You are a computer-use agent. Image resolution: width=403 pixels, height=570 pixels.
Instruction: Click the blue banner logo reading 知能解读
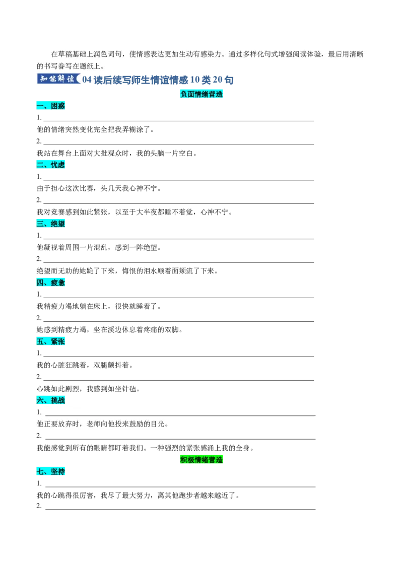tap(58, 79)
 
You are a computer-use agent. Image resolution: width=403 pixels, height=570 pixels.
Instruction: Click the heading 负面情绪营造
tap(201, 94)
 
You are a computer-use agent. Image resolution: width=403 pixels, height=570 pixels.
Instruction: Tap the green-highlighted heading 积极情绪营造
tap(201, 460)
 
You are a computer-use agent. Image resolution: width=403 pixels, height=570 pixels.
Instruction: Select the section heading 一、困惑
tap(50, 106)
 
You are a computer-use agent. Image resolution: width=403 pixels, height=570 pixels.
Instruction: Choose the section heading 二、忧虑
tap(50, 165)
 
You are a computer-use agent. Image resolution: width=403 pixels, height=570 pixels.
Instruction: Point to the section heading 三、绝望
tap(50, 224)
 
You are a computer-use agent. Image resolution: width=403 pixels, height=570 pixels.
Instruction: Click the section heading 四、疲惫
tap(50, 282)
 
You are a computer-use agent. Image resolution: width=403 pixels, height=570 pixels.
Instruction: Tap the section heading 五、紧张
tap(50, 341)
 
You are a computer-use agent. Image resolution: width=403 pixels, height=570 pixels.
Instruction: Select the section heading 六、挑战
tap(50, 400)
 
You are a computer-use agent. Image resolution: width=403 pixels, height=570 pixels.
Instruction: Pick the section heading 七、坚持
tap(50, 471)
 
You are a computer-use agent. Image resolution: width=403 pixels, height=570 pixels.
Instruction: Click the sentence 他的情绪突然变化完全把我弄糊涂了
tap(96, 129)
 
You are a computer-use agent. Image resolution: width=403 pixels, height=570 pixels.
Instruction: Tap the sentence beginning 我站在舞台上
tap(117, 153)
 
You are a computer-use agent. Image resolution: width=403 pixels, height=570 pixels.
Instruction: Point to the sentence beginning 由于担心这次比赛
tap(99, 188)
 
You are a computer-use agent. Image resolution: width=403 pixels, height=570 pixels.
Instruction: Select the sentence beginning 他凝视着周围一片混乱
tap(99, 247)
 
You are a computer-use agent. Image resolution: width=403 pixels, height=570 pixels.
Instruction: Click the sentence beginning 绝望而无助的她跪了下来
tap(127, 271)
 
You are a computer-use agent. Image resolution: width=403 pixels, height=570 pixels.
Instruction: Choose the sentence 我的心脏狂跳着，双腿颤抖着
tap(85, 365)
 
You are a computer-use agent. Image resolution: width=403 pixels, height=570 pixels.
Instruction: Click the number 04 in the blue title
tap(87, 80)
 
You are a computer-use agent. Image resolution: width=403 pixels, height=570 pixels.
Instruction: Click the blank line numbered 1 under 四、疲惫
tap(179, 298)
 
